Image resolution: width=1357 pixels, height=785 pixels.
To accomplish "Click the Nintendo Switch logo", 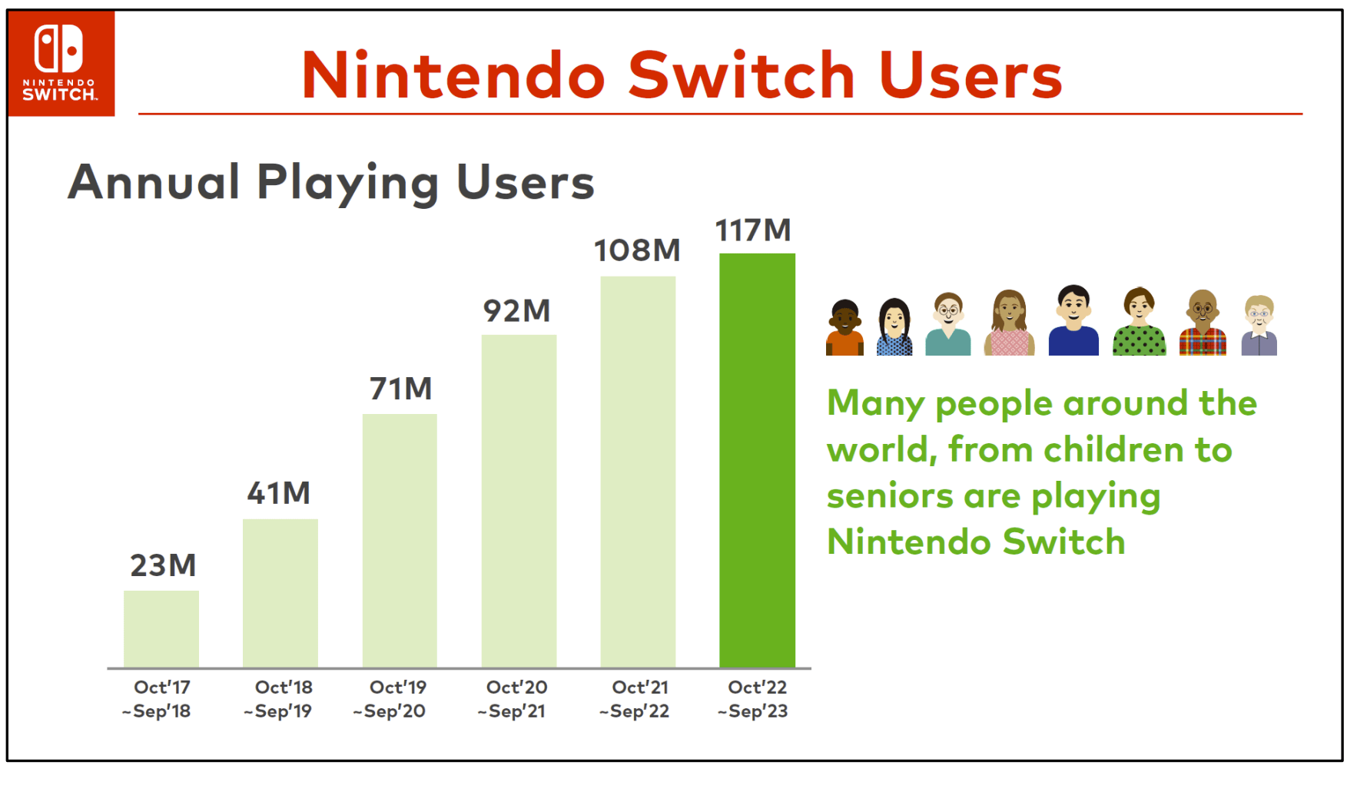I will pyautogui.click(x=61, y=63).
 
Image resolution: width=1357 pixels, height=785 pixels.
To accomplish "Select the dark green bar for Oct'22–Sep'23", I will pyautogui.click(x=757, y=461).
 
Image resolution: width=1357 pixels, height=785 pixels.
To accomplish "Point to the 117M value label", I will pyautogui.click(x=753, y=230).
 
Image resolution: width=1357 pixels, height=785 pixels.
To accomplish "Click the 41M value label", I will pyautogui.click(x=279, y=493).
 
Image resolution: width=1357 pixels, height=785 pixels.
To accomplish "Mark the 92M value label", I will pyautogui.click(x=517, y=311).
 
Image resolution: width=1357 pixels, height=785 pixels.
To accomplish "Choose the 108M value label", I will pyautogui.click(x=637, y=250).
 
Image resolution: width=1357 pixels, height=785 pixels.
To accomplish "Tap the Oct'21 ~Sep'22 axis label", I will pyautogui.click(x=637, y=699).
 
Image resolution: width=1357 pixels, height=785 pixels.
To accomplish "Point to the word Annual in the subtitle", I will pyautogui.click(x=154, y=182).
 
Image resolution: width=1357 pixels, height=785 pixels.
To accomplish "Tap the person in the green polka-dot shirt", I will pyautogui.click(x=1139, y=323).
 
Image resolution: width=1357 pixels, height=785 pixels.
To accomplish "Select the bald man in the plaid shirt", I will pyautogui.click(x=1203, y=323).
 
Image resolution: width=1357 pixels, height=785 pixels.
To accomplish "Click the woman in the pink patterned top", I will pyautogui.click(x=1009, y=323).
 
